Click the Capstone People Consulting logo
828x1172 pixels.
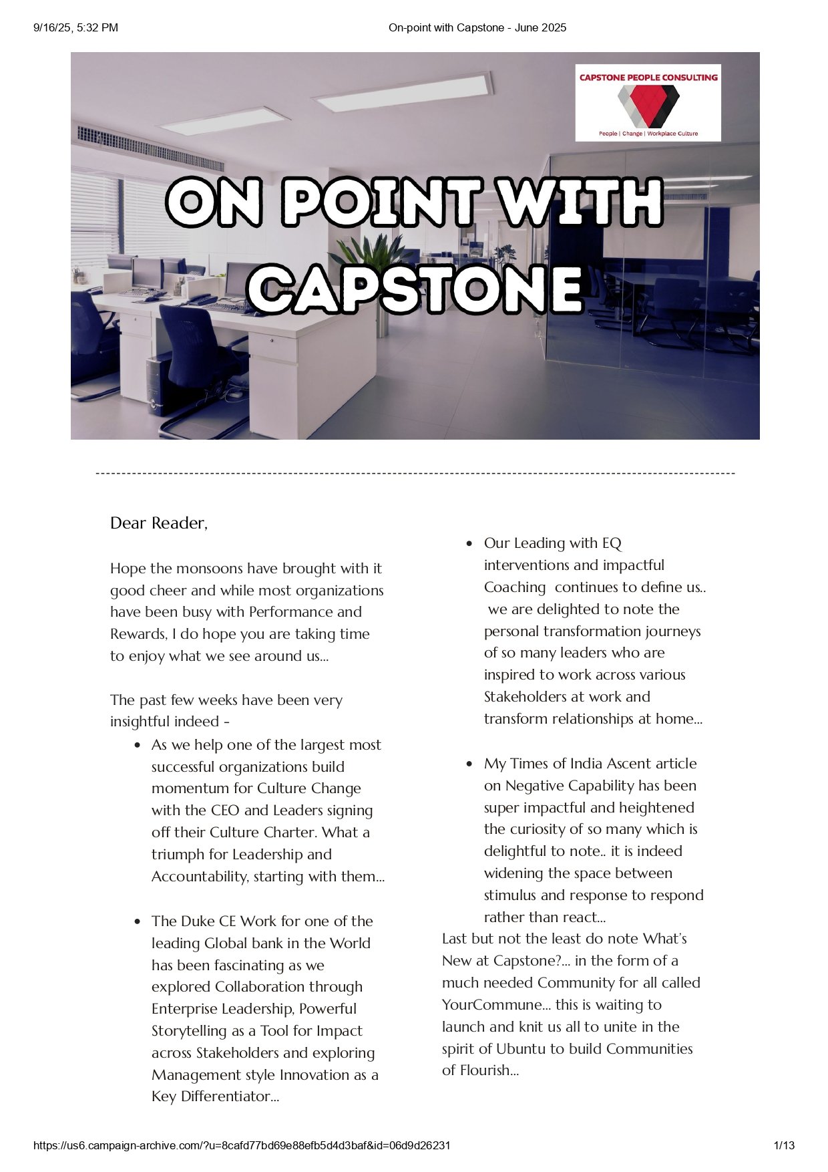(x=648, y=102)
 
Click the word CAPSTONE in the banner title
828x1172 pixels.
(x=415, y=289)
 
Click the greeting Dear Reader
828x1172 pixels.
(x=158, y=523)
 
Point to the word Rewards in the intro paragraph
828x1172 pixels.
(x=138, y=634)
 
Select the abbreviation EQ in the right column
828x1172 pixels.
(x=612, y=543)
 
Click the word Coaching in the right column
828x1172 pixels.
(x=515, y=587)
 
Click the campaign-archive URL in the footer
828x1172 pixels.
(x=242, y=1145)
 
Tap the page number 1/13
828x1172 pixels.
(x=784, y=1145)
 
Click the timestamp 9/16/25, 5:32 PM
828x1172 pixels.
(x=75, y=27)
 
